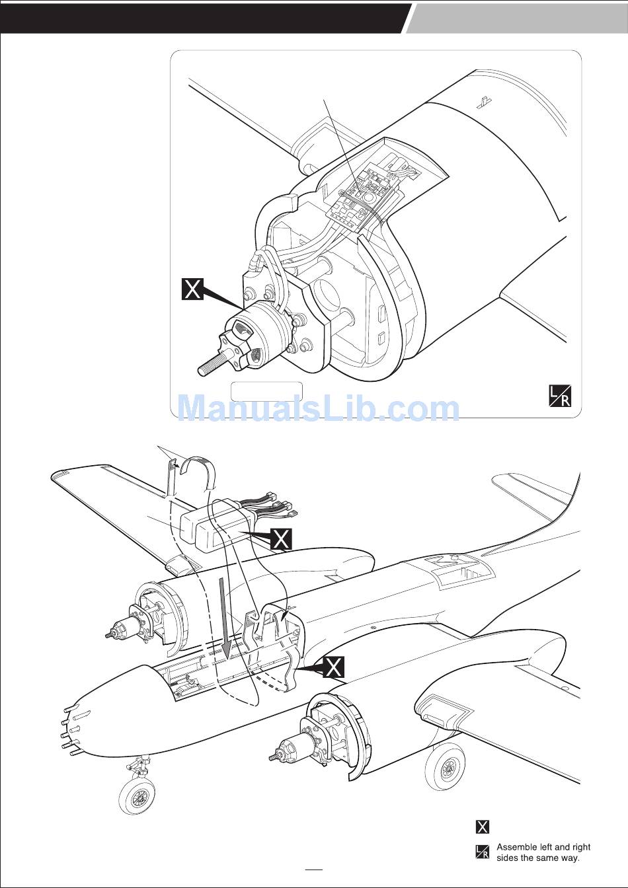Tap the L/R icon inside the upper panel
(x=560, y=396)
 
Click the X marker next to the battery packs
(x=281, y=539)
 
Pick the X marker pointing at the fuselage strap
(x=334, y=667)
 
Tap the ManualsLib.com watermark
(x=319, y=409)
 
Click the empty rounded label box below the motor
(x=266, y=391)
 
